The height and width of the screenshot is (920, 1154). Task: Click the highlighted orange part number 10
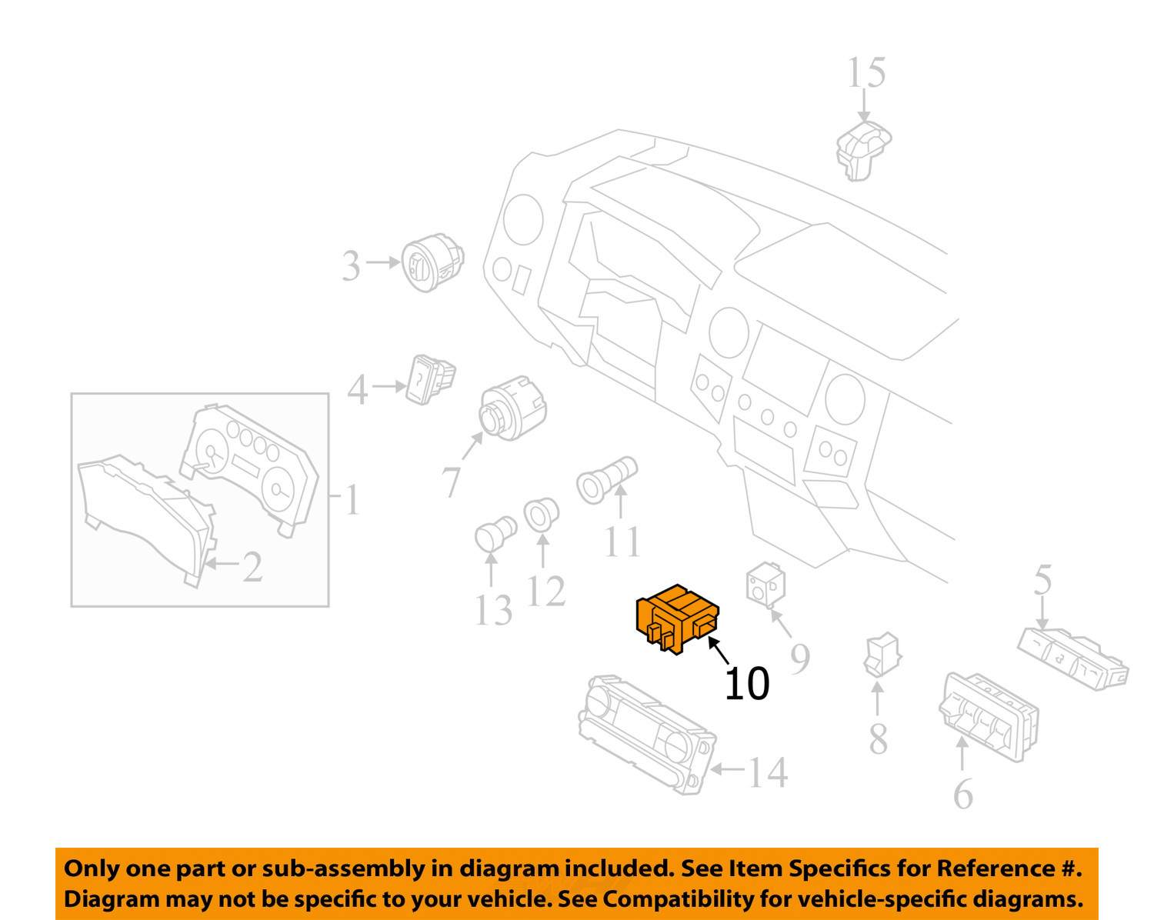click(x=677, y=618)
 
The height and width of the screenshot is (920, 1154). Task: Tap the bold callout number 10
click(x=747, y=684)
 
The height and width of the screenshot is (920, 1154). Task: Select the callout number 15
click(x=866, y=73)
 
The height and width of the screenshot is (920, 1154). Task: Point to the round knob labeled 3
click(x=432, y=262)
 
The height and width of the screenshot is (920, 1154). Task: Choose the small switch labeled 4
click(x=431, y=379)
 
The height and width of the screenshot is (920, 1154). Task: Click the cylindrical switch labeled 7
click(x=512, y=408)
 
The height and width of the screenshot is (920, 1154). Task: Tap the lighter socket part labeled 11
click(x=606, y=480)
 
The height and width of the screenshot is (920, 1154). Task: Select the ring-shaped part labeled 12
click(x=541, y=514)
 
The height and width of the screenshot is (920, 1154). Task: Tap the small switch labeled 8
click(x=882, y=654)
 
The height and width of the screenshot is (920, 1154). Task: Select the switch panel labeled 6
click(x=989, y=717)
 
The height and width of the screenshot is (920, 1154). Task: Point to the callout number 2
click(x=252, y=567)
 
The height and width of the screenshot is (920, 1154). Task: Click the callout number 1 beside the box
click(x=352, y=500)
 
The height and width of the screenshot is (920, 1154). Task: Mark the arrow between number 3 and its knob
click(x=383, y=262)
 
